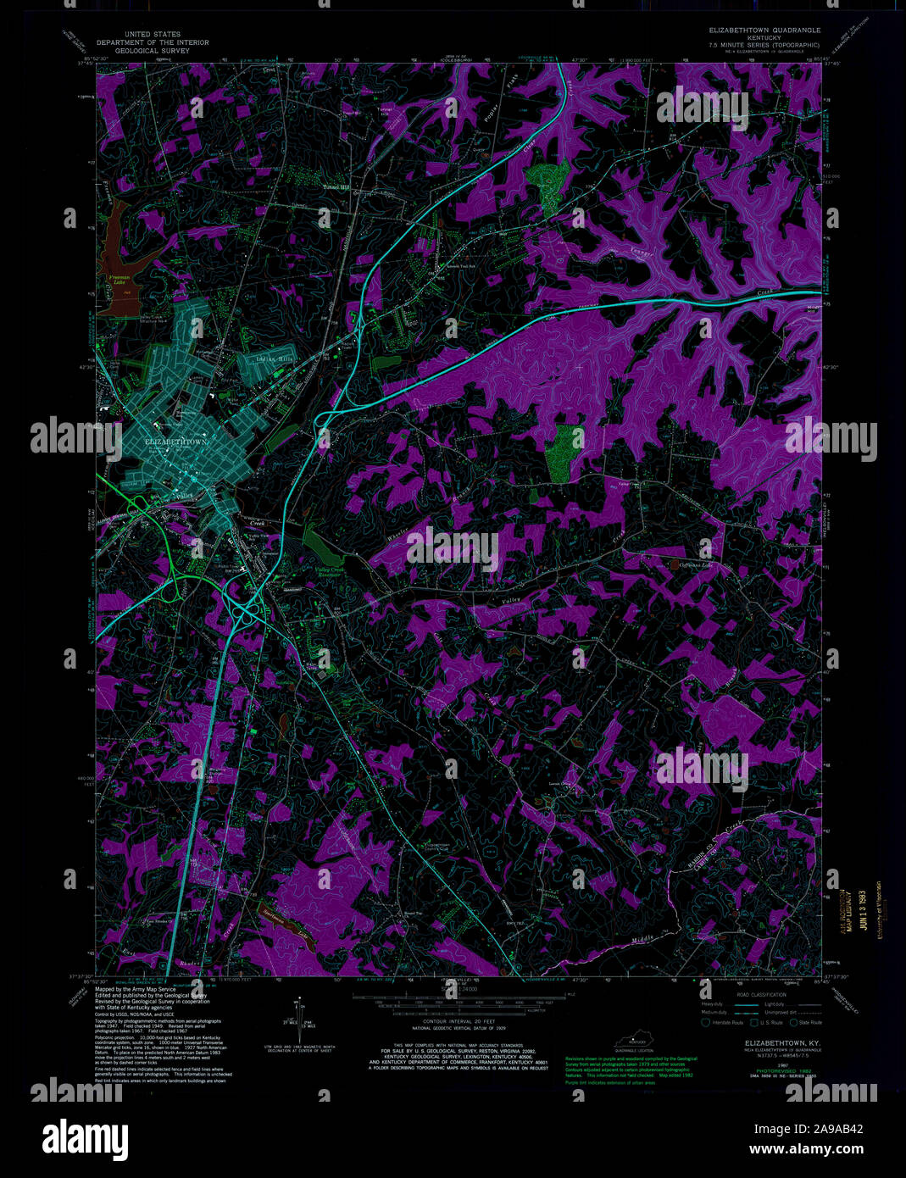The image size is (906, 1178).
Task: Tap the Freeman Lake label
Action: [120, 280]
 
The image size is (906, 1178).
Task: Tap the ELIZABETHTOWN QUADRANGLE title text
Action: [764, 30]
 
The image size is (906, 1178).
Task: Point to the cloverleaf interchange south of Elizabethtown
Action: [247, 608]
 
